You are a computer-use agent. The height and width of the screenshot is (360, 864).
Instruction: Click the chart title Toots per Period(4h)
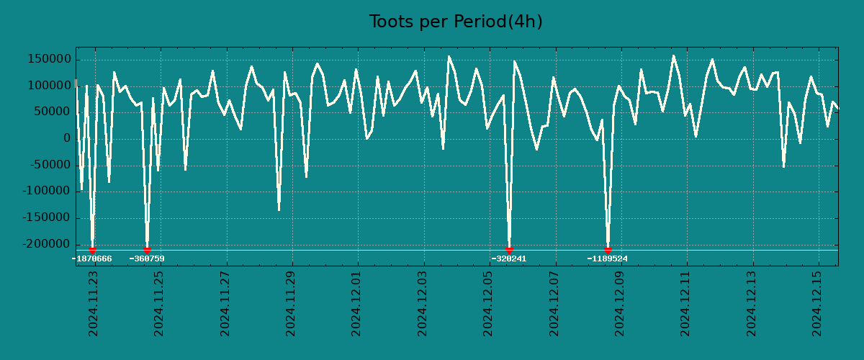click(456, 22)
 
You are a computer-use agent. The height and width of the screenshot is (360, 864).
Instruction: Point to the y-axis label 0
click(67, 139)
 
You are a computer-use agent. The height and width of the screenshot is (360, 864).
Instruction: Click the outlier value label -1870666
click(92, 258)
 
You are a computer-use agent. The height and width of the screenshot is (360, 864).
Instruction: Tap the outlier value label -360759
click(147, 258)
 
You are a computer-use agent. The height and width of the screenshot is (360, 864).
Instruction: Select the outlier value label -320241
click(509, 258)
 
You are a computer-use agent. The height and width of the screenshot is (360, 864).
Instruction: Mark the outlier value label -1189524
click(608, 258)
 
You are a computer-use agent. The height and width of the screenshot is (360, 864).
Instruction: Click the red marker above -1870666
click(92, 250)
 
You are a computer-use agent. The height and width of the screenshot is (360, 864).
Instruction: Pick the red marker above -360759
click(147, 250)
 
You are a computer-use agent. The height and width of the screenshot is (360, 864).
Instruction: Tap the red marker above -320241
click(509, 250)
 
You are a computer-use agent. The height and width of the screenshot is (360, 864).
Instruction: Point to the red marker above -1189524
click(608, 250)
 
